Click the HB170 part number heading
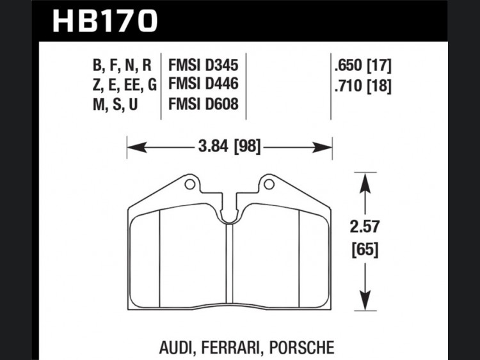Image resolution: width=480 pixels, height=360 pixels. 105,21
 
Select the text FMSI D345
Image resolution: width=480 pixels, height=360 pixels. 204,65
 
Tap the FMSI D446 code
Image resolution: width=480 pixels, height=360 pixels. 204,84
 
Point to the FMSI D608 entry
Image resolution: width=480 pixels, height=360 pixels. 204,104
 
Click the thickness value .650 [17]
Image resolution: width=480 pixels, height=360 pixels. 363,65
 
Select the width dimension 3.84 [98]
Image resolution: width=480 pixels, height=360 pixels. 229,146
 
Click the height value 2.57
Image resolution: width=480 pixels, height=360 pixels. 365,227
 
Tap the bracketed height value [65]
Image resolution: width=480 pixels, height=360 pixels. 365,250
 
